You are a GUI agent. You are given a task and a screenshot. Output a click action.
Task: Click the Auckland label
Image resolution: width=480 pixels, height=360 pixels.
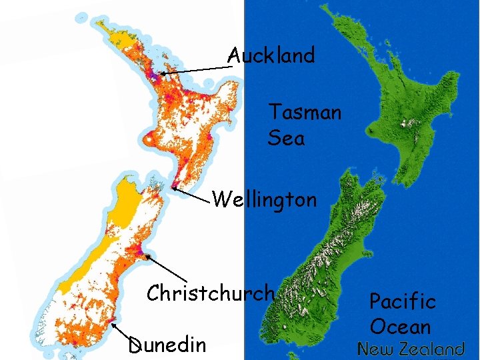click(x=271, y=55)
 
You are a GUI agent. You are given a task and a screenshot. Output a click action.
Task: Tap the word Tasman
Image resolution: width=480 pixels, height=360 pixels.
click(x=305, y=112)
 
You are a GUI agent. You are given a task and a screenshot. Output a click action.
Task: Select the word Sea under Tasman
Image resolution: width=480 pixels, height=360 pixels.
click(x=286, y=138)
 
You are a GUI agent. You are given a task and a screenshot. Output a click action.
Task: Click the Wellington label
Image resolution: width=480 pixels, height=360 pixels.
click(x=264, y=199)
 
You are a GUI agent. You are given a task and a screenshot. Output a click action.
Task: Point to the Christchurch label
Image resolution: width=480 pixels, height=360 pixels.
click(x=211, y=293)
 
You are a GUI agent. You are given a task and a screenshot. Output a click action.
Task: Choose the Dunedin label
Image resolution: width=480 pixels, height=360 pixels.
click(x=167, y=345)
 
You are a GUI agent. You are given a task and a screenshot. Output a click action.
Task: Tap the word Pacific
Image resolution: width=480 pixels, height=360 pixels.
click(x=403, y=301)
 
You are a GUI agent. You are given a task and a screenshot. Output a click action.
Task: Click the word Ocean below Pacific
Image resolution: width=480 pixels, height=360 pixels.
click(x=400, y=327)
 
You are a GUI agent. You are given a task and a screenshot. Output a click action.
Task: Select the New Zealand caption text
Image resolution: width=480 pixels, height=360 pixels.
click(x=411, y=349)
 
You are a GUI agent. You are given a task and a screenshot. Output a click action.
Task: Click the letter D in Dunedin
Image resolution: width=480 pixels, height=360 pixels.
click(x=135, y=345)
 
